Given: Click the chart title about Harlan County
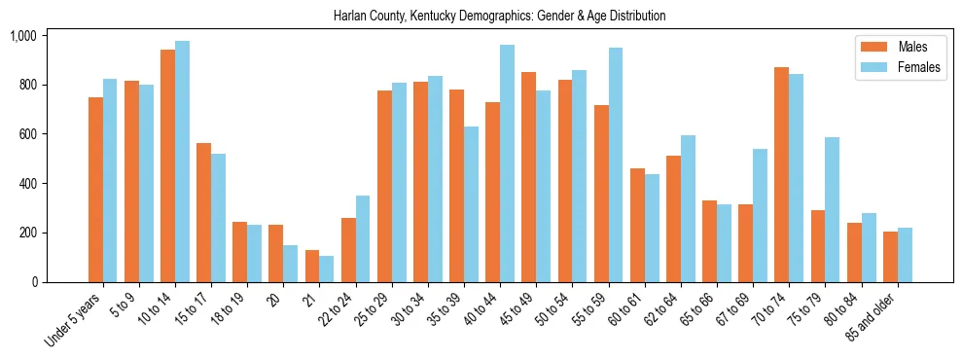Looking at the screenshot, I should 499,17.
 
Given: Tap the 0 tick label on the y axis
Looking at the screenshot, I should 34,282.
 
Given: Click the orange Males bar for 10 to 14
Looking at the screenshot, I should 167,165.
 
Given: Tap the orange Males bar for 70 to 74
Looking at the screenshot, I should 781,175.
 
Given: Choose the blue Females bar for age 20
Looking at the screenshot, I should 291,264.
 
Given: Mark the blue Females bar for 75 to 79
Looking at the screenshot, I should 832,209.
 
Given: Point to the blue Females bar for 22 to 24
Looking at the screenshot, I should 363,239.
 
